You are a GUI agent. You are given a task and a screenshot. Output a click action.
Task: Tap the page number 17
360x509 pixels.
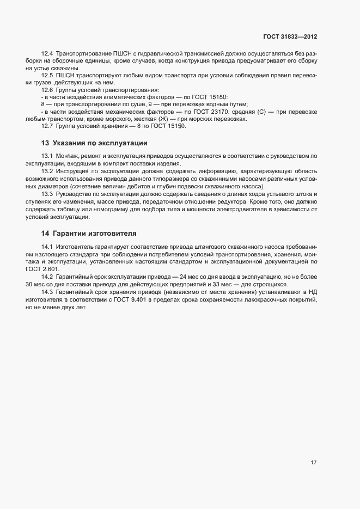[313, 463]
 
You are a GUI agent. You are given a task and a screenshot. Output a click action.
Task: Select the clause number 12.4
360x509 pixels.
[47, 54]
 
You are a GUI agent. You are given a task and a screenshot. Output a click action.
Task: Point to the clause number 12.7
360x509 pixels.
[47, 126]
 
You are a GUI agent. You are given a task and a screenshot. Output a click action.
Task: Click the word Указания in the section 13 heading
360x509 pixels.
[74, 144]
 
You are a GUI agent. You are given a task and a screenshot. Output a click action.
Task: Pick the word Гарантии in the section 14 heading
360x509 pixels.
[75, 233]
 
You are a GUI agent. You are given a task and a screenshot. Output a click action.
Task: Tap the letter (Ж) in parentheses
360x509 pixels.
[165, 119]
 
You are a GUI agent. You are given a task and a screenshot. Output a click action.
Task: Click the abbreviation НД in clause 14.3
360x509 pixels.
[312, 292]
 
